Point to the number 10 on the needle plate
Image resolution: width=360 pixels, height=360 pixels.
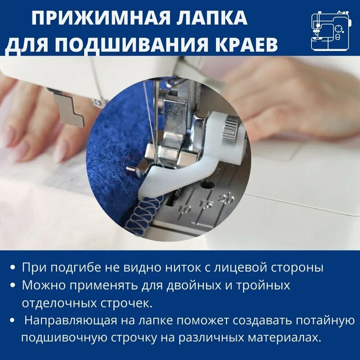pos(184,208)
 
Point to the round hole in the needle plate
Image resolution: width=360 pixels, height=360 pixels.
pos(207,185)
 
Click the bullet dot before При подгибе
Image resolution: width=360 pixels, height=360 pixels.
pos(13,268)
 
